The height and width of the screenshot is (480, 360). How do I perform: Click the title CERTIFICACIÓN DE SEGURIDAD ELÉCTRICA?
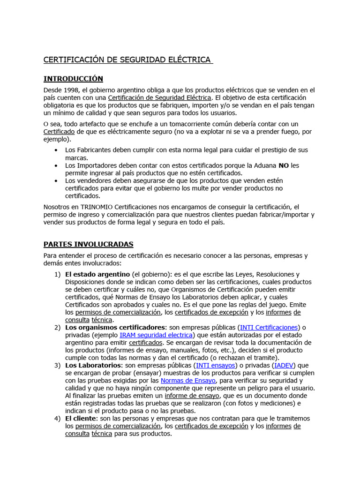pyautogui.click(x=127, y=60)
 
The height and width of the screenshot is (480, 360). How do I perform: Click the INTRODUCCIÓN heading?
pyautogui.click(x=73, y=79)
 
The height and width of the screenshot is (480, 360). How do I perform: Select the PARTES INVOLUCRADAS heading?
pyautogui.click(x=88, y=244)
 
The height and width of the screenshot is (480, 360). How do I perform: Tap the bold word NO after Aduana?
pyautogui.click(x=284, y=165)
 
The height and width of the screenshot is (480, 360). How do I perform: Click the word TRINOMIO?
pyautogui.click(x=96, y=207)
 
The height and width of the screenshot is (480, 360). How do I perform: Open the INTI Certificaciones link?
pyautogui.click(x=269, y=327)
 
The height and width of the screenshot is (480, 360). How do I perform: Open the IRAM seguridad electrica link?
pyautogui.click(x=156, y=335)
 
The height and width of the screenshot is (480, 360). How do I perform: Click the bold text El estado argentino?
pyautogui.click(x=97, y=274)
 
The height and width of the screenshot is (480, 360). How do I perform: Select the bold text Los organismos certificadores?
pyautogui.click(x=115, y=327)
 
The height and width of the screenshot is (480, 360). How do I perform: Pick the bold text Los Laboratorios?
pyautogui.click(x=93, y=365)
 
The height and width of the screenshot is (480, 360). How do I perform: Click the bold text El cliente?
pyautogui.click(x=82, y=418)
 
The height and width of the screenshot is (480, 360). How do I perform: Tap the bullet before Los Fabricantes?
pyautogui.click(x=56, y=150)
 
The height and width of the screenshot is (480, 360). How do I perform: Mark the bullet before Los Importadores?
pyautogui.click(x=56, y=165)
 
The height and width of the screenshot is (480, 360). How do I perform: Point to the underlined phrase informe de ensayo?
pyautogui.click(x=192, y=396)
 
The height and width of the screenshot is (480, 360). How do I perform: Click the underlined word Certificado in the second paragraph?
pyautogui.click(x=59, y=132)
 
